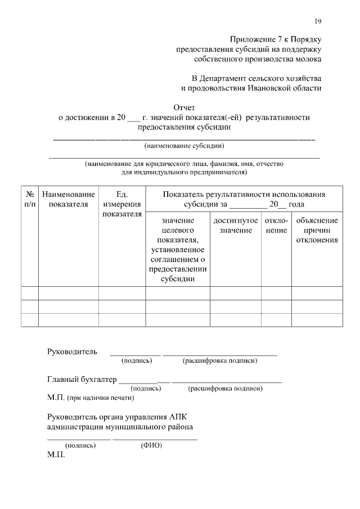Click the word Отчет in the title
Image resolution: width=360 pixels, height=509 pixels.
pyautogui.click(x=184, y=107)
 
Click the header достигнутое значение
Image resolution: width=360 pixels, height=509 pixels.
pyautogui.click(x=236, y=226)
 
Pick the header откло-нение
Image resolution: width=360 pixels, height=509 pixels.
pyautogui.click(x=276, y=226)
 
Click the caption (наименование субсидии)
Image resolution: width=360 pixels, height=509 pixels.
pyautogui.click(x=184, y=146)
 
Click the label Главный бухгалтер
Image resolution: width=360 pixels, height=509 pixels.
pyautogui.click(x=82, y=380)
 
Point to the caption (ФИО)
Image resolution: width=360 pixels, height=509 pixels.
pyautogui.click(x=151, y=445)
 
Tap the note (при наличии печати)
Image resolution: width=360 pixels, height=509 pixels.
pyautogui.click(x=100, y=398)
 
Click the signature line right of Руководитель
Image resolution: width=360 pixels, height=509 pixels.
pyautogui.click(x=135, y=354)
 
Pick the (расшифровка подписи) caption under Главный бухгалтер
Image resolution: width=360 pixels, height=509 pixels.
pyautogui.click(x=225, y=388)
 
